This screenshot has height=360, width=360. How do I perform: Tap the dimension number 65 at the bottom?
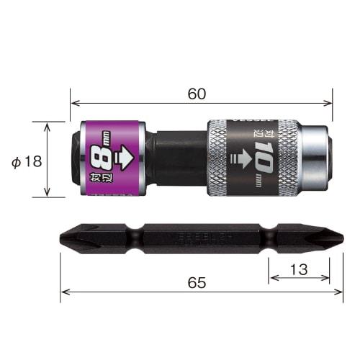click(196, 283)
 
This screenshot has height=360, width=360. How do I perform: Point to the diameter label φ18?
click(27, 161)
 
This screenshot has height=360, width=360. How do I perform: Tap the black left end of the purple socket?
click(76, 159)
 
